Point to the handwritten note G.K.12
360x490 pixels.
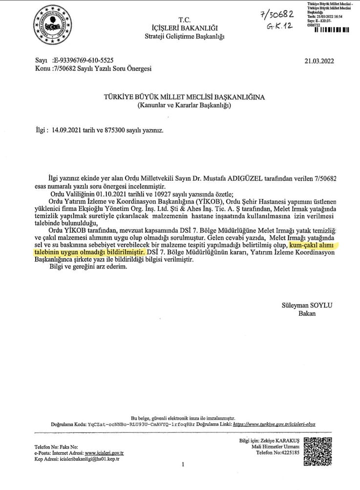click(280, 26)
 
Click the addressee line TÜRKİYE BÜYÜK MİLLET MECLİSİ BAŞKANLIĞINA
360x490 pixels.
click(184, 97)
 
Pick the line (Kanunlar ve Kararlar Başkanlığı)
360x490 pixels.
click(184, 105)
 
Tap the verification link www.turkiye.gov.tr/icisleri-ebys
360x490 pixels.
click(275, 424)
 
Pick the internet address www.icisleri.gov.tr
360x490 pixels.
click(104, 453)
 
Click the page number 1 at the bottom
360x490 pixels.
click(182, 465)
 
